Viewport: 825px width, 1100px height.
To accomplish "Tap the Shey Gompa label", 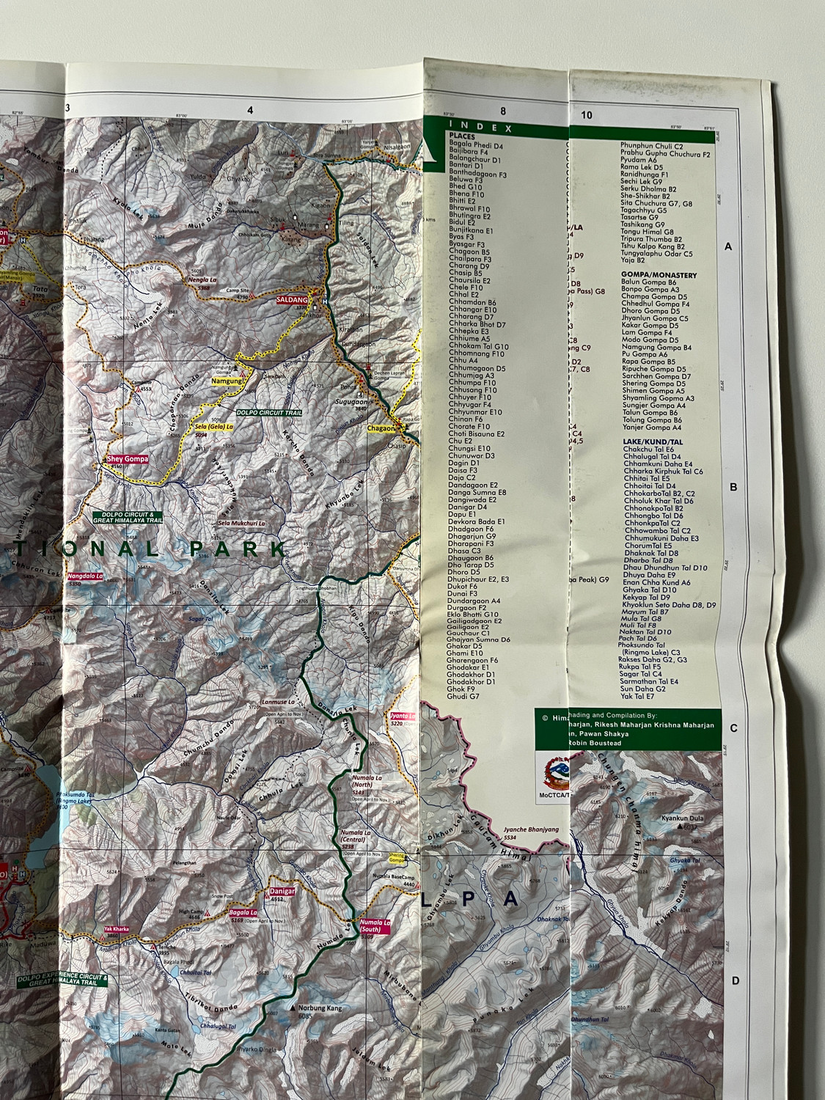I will (128, 459).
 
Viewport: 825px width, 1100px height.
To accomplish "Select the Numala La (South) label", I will (375, 925).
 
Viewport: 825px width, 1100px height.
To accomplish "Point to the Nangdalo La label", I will (84, 576).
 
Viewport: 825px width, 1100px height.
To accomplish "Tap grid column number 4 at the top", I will (251, 111).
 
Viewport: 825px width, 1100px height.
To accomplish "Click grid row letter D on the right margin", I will (735, 981).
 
